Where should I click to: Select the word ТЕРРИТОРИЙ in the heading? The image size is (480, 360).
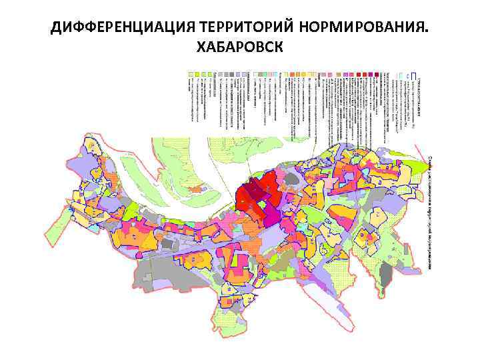pyautogui.click(x=235, y=28)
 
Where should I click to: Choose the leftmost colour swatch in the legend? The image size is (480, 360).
pyautogui.click(x=191, y=73)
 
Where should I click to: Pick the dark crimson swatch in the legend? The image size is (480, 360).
pyautogui.click(x=376, y=73)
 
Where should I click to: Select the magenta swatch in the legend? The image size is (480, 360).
pyautogui.click(x=349, y=73)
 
